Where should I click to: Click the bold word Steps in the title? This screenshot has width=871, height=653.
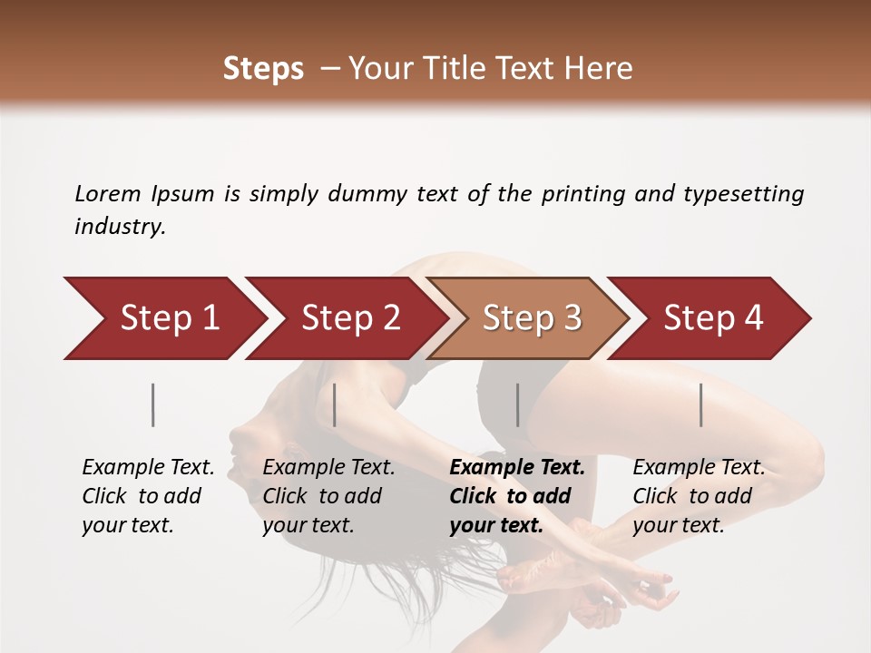click(263, 69)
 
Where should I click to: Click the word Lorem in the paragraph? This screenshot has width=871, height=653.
click(107, 193)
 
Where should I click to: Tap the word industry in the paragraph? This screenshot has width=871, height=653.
click(120, 227)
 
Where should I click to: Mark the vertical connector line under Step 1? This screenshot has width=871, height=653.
click(153, 404)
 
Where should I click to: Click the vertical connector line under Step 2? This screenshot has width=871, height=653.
click(335, 404)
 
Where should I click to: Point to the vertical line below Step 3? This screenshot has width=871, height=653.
click(517, 404)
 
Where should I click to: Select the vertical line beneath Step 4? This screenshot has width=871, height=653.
click(701, 404)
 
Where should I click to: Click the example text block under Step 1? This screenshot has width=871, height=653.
click(148, 496)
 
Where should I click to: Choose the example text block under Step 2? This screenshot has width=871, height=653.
click(328, 496)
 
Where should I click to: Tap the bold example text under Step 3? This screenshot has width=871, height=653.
click(517, 496)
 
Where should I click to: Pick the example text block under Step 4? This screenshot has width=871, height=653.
click(699, 496)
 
